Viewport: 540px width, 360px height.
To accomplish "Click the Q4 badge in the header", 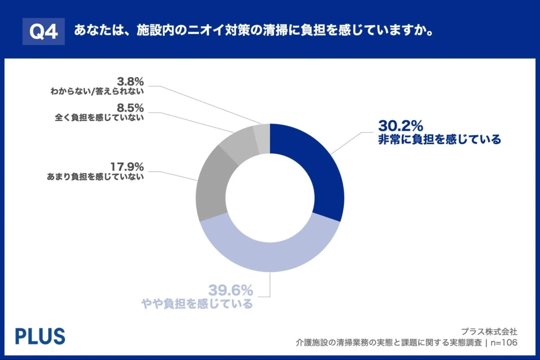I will click(44, 31).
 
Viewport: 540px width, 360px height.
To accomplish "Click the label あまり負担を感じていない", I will click(95, 177).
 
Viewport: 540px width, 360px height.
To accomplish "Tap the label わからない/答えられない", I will click(97, 92).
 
